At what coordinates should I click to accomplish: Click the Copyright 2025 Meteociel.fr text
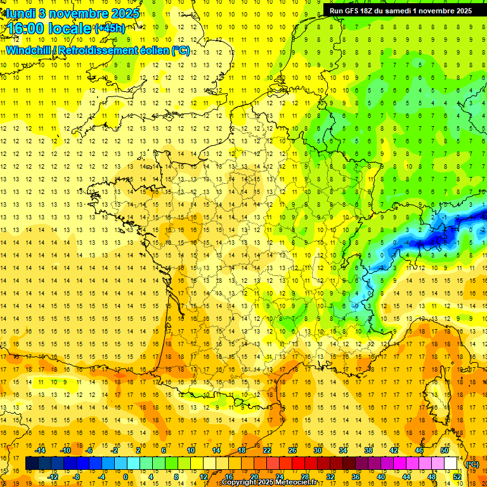pos(269,483)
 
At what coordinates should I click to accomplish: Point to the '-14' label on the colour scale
pos(41,450)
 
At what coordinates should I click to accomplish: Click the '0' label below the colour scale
pos(125,477)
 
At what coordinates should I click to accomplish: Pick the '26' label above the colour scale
pos(292,450)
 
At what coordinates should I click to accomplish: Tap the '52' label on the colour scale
pos(457,477)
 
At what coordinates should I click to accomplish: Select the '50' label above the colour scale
pos(445,450)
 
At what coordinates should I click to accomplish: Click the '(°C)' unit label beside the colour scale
pos(472,464)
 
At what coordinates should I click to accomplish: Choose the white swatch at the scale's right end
pos(451,464)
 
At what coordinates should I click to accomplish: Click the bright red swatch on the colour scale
pos(299,464)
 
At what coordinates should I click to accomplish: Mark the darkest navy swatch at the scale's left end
pos(32,464)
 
